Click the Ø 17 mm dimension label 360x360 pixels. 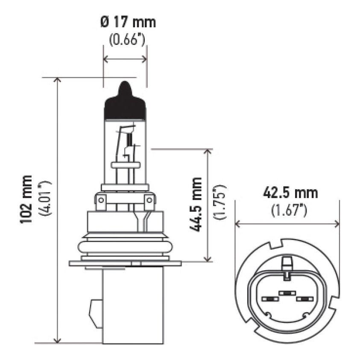(128, 21)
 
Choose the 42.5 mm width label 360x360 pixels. (290, 193)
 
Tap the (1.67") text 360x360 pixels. (289, 211)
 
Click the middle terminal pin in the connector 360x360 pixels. (287, 293)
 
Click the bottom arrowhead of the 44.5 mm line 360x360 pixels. (208, 259)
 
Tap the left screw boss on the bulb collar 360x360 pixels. (101, 201)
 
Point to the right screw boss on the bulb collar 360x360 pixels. (149, 201)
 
